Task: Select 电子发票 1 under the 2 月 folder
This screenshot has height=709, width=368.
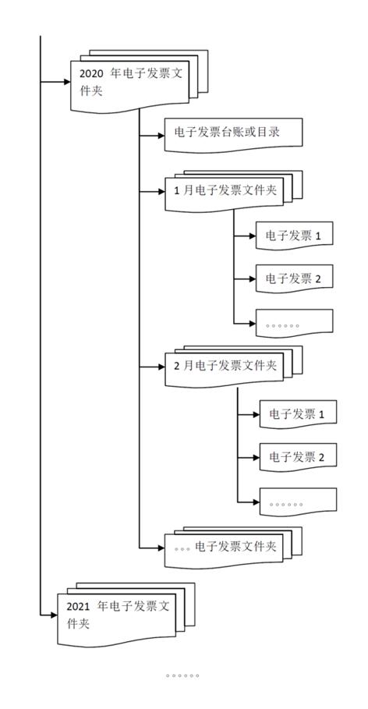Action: coord(297,413)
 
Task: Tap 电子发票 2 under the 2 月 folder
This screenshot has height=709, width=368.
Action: coord(297,456)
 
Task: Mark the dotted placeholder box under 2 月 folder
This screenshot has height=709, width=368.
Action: coord(297,503)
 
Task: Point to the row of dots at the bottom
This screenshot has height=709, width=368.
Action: coord(182,675)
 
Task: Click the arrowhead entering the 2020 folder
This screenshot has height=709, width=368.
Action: coord(65,80)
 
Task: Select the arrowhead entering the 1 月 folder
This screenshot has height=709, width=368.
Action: coord(159,190)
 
